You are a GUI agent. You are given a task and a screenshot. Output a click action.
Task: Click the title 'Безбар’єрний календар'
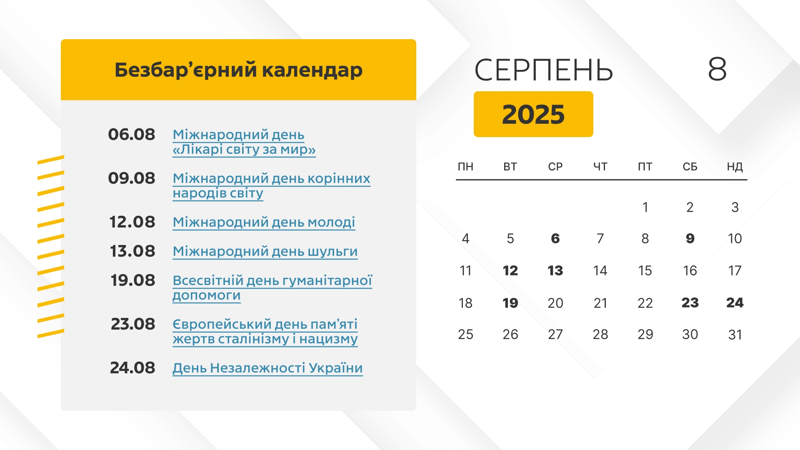(238, 70)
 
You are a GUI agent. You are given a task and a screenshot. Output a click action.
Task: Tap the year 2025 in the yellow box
(533, 114)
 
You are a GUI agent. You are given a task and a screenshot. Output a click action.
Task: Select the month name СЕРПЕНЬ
(544, 70)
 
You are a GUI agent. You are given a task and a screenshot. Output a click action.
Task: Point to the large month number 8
(717, 69)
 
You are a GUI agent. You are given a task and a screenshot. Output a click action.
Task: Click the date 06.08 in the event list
(132, 135)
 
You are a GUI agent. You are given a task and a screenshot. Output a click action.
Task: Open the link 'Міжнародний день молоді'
(264, 222)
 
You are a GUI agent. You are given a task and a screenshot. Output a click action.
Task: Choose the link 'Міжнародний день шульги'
(265, 251)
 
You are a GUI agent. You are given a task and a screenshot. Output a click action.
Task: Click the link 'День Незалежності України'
(267, 368)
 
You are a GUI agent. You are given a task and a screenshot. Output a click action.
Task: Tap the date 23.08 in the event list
(133, 324)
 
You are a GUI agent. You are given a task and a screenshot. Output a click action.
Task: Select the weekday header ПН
(465, 167)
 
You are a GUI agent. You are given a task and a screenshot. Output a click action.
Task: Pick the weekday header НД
(735, 167)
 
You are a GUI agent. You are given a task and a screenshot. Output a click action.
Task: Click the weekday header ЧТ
(600, 167)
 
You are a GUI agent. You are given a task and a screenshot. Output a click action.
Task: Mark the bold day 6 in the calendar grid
(555, 238)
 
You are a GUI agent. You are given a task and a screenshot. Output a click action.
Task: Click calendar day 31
(735, 335)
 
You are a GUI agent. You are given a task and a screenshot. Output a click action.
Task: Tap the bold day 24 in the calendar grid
(735, 302)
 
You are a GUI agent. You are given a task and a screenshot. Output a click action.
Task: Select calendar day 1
(645, 207)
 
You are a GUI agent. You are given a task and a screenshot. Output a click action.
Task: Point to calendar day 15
(645, 271)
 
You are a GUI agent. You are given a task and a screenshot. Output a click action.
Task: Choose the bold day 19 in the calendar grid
(510, 303)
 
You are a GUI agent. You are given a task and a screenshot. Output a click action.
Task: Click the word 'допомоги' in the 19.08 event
(207, 295)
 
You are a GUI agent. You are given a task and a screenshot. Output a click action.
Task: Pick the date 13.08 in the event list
(132, 251)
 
